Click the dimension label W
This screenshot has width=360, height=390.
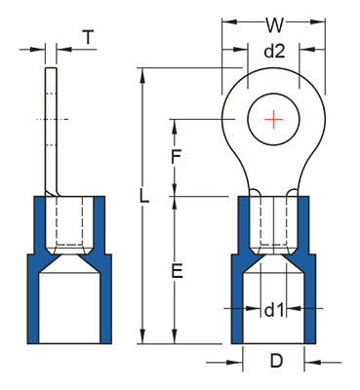pos(275,25)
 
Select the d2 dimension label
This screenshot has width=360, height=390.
pos(274,52)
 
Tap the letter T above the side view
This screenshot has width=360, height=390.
pos(88,37)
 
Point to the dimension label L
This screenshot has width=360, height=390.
pos(144,196)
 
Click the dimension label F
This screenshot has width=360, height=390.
pos(176,157)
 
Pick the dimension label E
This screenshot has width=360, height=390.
pos(178,271)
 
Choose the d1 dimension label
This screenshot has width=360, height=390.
pos(274,310)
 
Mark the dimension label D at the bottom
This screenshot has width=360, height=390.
pos(276,361)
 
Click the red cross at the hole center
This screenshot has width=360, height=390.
pos(273,119)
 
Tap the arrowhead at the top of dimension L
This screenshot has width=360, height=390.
pos(142,75)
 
